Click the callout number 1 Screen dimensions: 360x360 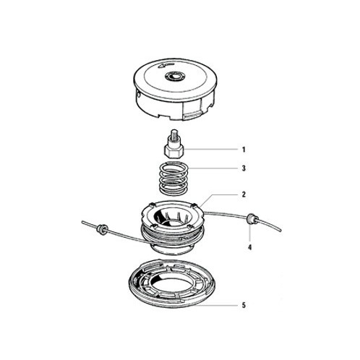pos(244,150)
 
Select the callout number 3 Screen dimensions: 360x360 pos(244,168)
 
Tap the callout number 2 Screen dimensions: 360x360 pos(244,194)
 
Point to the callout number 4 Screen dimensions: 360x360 pos(250,247)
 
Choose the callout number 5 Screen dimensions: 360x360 pos(244,305)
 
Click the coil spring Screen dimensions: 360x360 pos(173,179)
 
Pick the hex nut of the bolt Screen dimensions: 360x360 pos(174,152)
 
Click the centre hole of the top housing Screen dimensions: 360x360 pos(175,77)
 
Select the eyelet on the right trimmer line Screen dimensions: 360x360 pos(252,218)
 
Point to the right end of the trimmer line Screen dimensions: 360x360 pos(281,231)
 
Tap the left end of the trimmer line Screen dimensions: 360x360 pos(82,222)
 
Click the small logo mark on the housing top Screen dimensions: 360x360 pos(166,66)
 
